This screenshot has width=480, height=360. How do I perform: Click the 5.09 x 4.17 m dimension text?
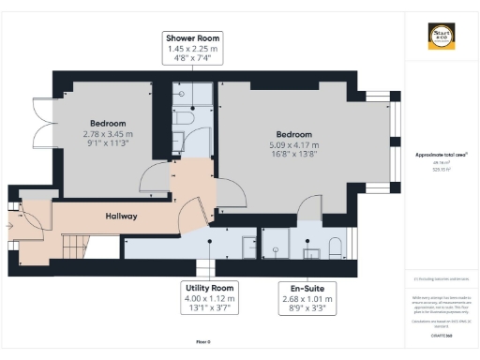288,144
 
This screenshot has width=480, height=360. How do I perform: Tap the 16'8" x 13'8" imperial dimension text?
288,155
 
